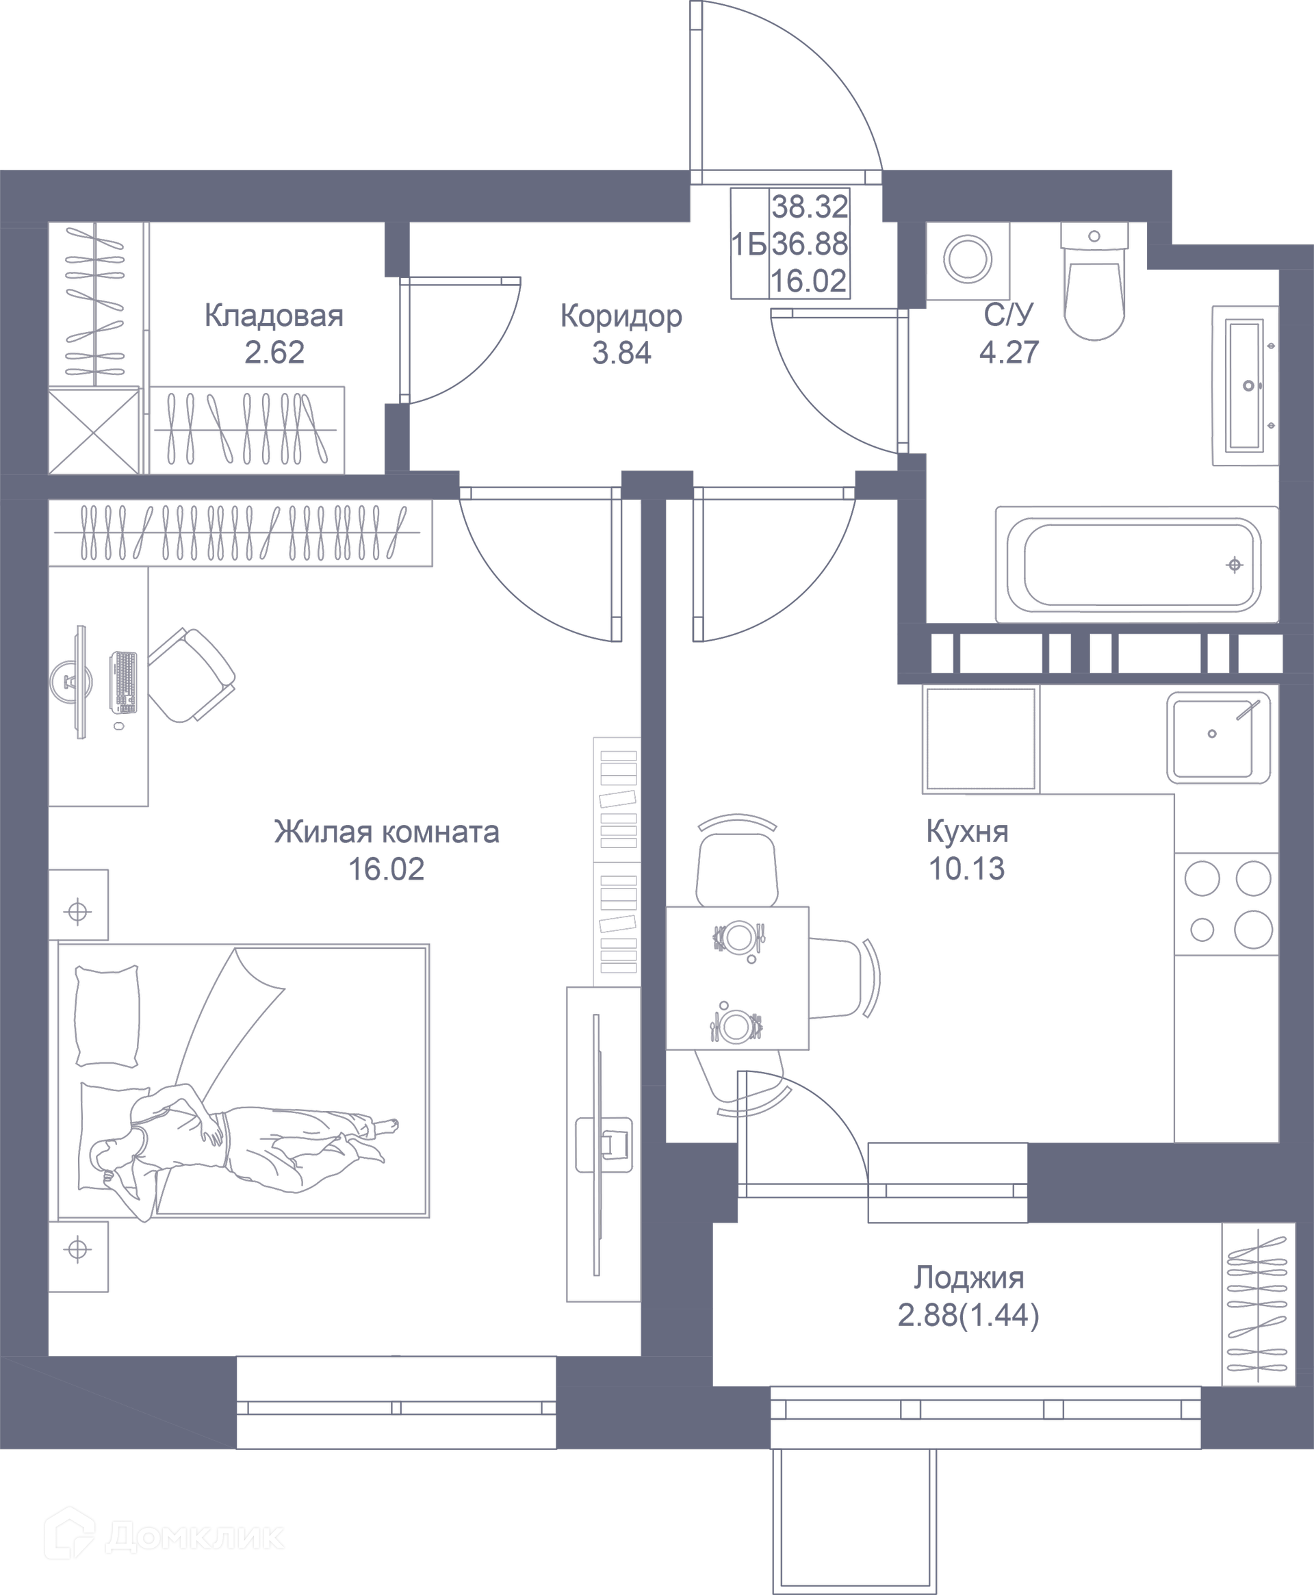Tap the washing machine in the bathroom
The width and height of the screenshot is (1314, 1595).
click(x=967, y=259)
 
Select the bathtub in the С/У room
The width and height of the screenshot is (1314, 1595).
click(x=1137, y=564)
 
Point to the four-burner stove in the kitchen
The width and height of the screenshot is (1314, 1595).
click(x=1227, y=904)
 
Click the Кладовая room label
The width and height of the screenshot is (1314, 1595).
click(x=274, y=316)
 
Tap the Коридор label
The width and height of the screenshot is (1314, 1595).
click(x=621, y=316)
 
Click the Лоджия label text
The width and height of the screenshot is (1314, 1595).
click(x=968, y=1278)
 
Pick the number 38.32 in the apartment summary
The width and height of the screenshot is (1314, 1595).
click(x=809, y=206)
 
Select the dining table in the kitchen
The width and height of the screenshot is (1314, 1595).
click(x=737, y=978)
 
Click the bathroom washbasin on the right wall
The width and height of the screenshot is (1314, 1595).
click(x=1246, y=385)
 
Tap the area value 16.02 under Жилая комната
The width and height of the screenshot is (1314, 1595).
click(x=386, y=870)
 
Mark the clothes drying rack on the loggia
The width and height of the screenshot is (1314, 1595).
click(x=1257, y=1304)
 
